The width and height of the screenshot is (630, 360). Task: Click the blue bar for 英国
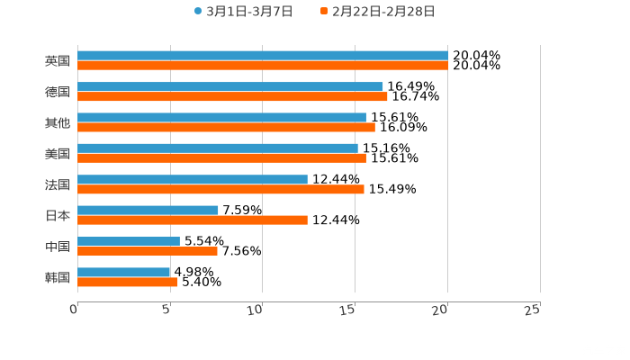(x=263, y=56)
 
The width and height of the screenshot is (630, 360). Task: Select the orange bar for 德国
(x=232, y=96)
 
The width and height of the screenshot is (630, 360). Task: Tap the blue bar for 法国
(x=193, y=180)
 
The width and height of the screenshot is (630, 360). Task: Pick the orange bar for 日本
(x=193, y=220)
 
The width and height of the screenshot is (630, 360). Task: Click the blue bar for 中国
(x=129, y=241)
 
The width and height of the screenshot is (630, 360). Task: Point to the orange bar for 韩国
(x=128, y=282)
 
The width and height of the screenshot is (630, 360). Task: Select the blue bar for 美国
(x=218, y=148)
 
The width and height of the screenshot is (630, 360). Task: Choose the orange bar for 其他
(x=226, y=127)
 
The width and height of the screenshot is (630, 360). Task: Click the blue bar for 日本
(x=148, y=211)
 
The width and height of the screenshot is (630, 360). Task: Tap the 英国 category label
(x=58, y=61)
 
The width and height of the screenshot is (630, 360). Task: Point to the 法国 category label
(x=58, y=184)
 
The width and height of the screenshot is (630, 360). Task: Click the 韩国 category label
(x=58, y=277)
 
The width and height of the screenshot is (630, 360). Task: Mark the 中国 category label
(x=58, y=247)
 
